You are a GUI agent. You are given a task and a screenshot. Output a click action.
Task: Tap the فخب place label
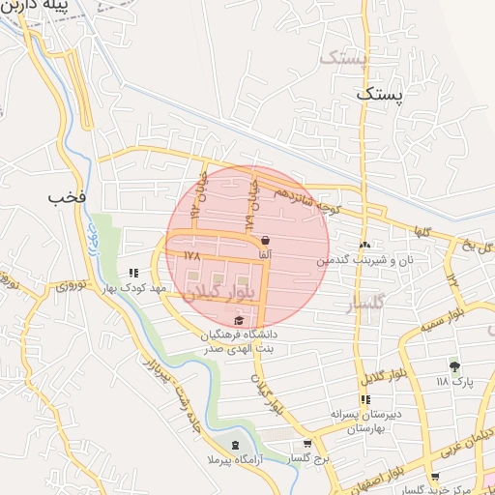pyautogui.click(x=69, y=197)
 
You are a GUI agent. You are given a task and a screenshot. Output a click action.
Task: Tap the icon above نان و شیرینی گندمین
pyautogui.click(x=365, y=246)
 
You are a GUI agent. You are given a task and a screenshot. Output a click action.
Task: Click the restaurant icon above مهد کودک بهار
pyautogui.click(x=133, y=274)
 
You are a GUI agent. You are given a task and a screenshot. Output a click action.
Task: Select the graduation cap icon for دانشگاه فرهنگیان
pyautogui.click(x=239, y=321)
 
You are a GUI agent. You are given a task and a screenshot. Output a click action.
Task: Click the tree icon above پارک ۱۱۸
pyautogui.click(x=454, y=365)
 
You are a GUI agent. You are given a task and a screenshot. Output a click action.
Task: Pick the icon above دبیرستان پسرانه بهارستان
pyautogui.click(x=365, y=399)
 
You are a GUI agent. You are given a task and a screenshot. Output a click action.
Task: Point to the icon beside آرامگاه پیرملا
pyautogui.click(x=235, y=445)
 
